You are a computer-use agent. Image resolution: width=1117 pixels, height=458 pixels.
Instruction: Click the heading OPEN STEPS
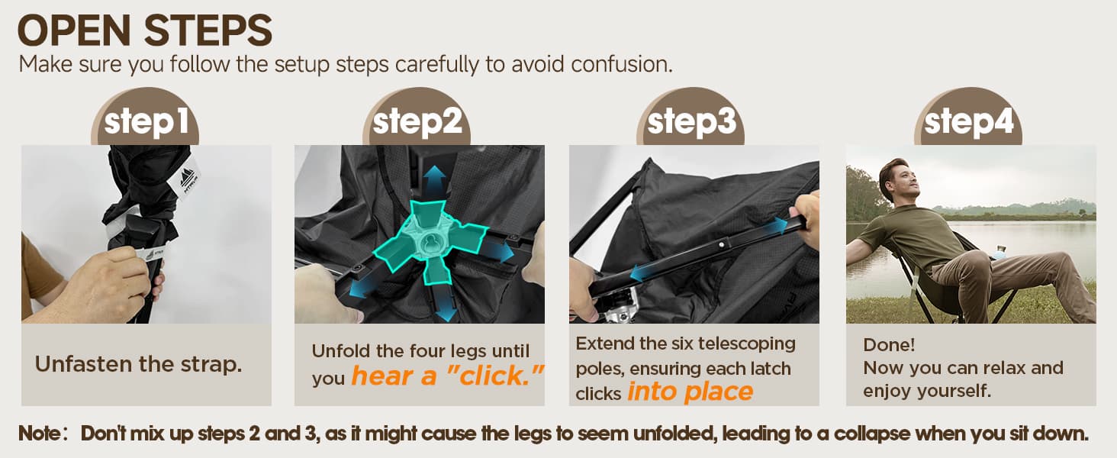[x=145, y=31]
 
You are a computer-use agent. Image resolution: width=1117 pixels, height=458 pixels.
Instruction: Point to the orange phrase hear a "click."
[x=447, y=376]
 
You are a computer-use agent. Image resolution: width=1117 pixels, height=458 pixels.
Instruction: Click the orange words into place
[x=690, y=392]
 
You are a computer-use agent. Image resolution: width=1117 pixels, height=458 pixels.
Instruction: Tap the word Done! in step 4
[x=889, y=345]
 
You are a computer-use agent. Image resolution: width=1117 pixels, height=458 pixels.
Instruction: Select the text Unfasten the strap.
[x=138, y=364]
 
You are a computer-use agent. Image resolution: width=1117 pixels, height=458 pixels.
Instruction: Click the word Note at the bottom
[x=38, y=433]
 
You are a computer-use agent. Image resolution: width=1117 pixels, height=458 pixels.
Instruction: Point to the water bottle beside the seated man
[x=999, y=252]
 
